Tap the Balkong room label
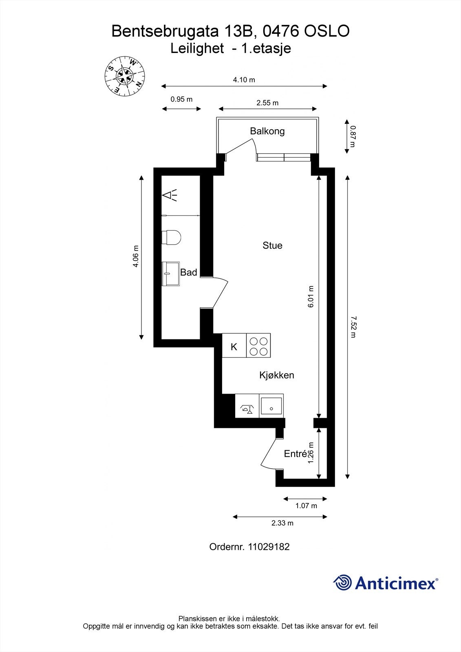coord(267,131)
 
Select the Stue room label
coord(272,245)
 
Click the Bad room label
coord(189,272)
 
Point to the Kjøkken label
coord(276,375)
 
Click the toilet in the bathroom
coord(171,238)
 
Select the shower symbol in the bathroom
coord(169,195)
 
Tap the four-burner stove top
coord(258,346)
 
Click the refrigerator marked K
coord(234,347)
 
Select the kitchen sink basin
coord(271,405)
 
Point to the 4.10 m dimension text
coord(244,80)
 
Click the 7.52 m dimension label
coord(353,326)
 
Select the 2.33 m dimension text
coord(282,523)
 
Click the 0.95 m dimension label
coord(181,99)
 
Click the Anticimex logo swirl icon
coord(342,583)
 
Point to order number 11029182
coord(269,547)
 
